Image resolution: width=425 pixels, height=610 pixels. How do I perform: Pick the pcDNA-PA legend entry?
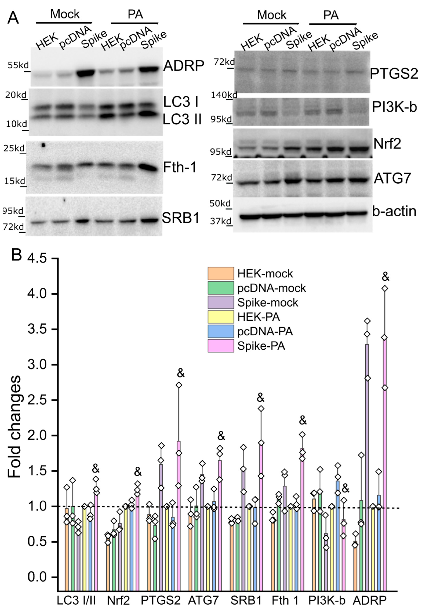[x=265, y=331]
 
